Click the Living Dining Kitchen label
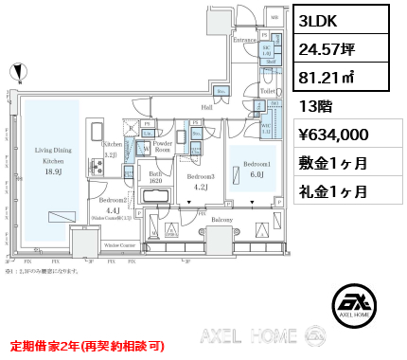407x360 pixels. click(x=54, y=155)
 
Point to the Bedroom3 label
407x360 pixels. click(x=200, y=177)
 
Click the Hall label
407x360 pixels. click(x=205, y=108)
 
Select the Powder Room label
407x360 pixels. click(x=162, y=147)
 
